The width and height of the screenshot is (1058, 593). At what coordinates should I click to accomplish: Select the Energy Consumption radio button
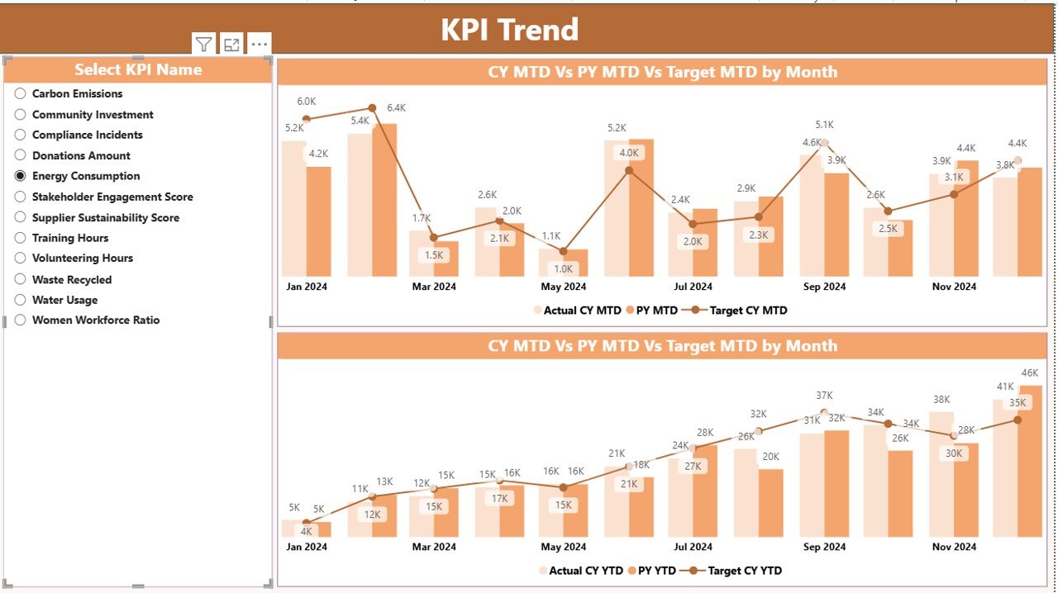(x=21, y=176)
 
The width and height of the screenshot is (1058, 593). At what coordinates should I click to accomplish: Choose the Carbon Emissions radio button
(x=21, y=94)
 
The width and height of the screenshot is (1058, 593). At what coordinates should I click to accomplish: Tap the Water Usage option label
(x=64, y=300)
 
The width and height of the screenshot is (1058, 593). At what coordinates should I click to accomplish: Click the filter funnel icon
(x=203, y=45)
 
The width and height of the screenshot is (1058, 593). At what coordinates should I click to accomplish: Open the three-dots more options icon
(x=259, y=45)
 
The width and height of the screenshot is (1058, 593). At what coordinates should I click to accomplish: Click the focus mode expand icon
(x=231, y=45)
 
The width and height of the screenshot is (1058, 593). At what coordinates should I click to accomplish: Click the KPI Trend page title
(x=509, y=30)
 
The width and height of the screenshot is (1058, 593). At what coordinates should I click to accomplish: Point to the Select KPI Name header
(x=138, y=70)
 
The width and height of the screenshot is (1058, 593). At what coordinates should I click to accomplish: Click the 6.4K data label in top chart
(x=396, y=108)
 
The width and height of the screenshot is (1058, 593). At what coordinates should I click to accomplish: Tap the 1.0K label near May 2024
(x=564, y=268)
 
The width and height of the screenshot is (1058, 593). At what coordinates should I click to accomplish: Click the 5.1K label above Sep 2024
(x=824, y=125)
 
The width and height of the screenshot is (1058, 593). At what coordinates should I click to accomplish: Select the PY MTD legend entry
(x=652, y=311)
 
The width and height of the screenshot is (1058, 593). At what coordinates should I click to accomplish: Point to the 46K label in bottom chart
(x=1030, y=372)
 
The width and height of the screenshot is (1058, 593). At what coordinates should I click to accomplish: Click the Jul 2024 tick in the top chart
(x=693, y=287)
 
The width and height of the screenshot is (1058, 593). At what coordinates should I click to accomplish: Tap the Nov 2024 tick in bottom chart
(x=954, y=547)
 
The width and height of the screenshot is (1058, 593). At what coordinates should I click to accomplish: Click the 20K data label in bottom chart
(x=770, y=457)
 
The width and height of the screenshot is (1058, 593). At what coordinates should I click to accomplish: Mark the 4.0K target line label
(x=629, y=153)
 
